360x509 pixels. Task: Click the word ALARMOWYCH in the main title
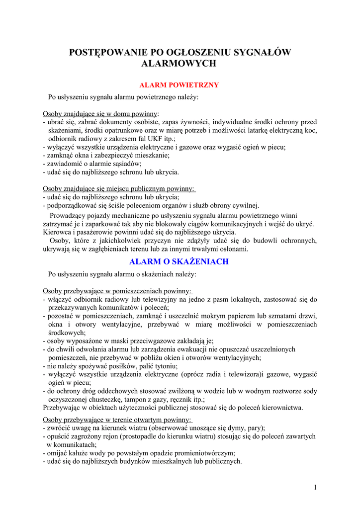pyautogui.click(x=180, y=64)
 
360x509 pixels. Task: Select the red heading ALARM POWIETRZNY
pyautogui.click(x=180, y=85)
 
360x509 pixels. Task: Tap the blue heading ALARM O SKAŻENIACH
pyautogui.click(x=179, y=261)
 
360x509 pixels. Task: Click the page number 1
pyautogui.click(x=315, y=487)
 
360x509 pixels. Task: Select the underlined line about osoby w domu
pyautogui.click(x=101, y=113)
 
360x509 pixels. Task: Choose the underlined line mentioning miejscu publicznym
pyautogui.click(x=119, y=189)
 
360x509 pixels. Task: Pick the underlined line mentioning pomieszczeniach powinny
pyautogui.click(x=117, y=291)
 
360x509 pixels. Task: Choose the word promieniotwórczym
pyautogui.click(x=204, y=453)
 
